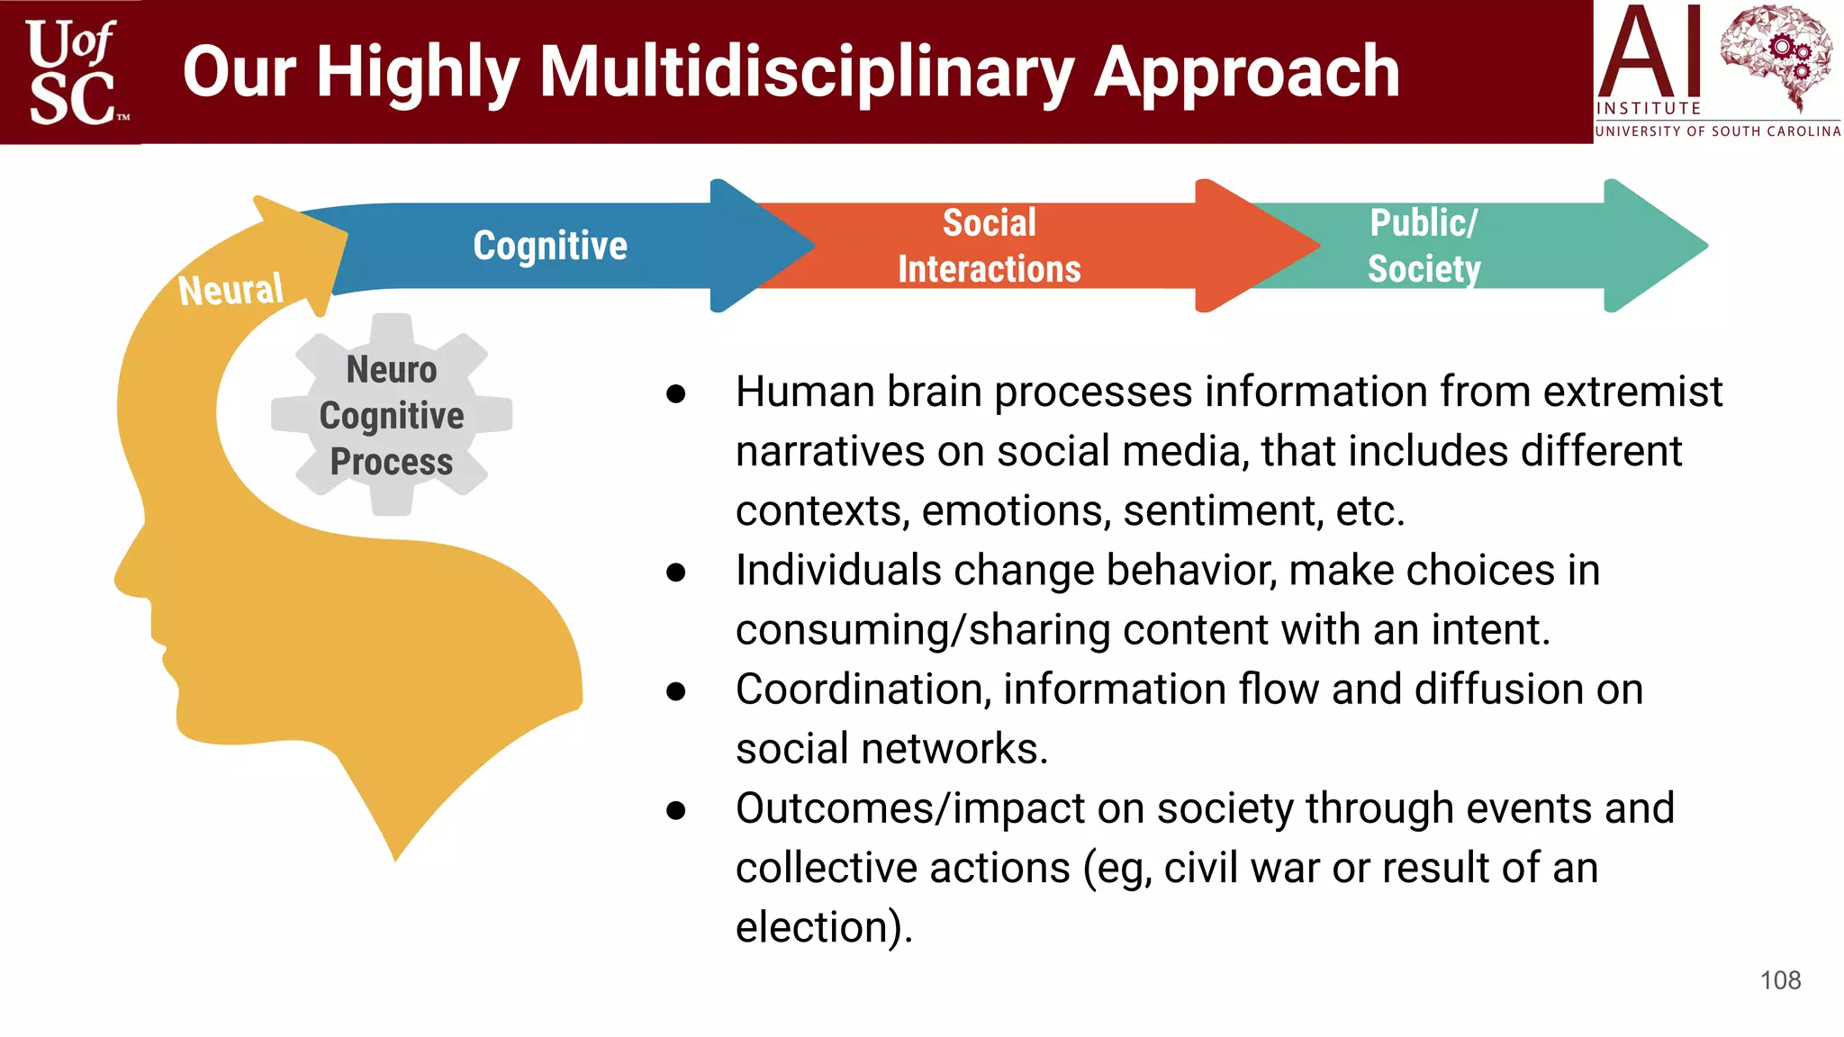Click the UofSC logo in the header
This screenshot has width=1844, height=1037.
[72, 72]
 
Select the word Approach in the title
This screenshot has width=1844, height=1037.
[1247, 72]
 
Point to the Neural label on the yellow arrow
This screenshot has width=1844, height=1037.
[230, 290]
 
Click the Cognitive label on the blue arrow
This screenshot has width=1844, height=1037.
[550, 246]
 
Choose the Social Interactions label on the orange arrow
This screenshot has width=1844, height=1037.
[989, 246]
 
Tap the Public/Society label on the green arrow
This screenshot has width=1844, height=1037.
[1424, 246]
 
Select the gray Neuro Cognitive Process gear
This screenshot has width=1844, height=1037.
[392, 415]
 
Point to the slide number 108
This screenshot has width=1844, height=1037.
[1780, 980]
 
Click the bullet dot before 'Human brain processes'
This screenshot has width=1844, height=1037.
[676, 393]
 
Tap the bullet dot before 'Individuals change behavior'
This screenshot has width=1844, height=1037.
[676, 572]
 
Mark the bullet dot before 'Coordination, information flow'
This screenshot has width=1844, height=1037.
[676, 690]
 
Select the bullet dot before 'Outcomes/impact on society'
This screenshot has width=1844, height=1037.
[676, 809]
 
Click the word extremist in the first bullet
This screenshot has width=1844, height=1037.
[1632, 392]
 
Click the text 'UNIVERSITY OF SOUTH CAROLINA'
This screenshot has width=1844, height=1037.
[1717, 131]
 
